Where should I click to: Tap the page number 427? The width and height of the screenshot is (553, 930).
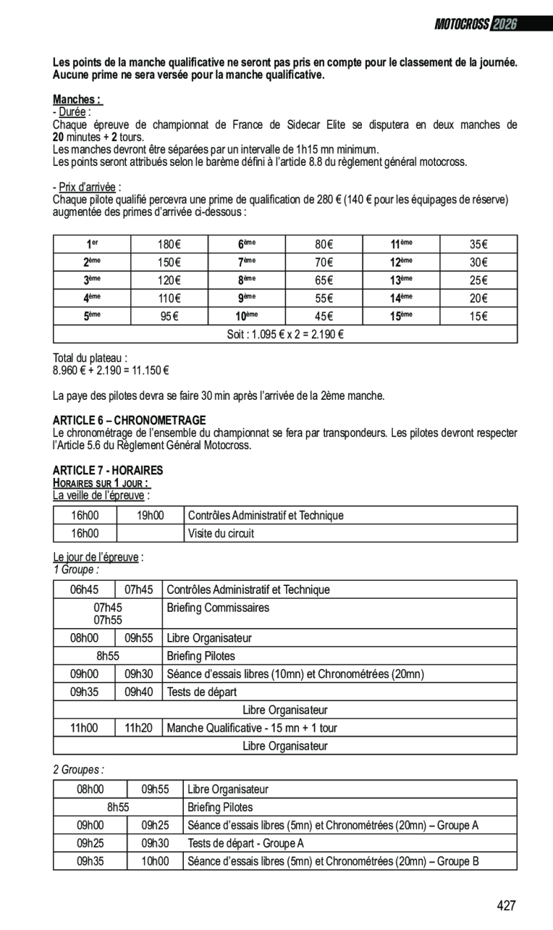506,906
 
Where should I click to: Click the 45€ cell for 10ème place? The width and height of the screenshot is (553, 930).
324,316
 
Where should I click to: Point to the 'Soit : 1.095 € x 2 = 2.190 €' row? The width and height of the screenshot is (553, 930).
285,334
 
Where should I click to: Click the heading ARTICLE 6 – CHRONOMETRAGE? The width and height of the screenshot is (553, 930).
129,420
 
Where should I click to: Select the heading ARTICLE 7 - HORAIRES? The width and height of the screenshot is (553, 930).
108,470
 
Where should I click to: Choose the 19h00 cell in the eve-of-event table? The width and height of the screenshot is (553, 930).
150,515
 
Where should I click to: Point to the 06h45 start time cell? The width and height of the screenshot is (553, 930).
84,589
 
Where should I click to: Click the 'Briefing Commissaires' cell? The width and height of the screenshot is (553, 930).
217,607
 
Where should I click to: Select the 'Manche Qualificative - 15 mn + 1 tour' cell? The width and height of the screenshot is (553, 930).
251,728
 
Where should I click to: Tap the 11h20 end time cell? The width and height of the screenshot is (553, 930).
139,728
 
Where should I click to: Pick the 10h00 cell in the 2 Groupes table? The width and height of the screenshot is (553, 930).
155,861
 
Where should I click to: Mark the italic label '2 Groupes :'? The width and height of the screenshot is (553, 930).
78,769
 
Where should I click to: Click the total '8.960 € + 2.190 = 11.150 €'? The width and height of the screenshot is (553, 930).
111,371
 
